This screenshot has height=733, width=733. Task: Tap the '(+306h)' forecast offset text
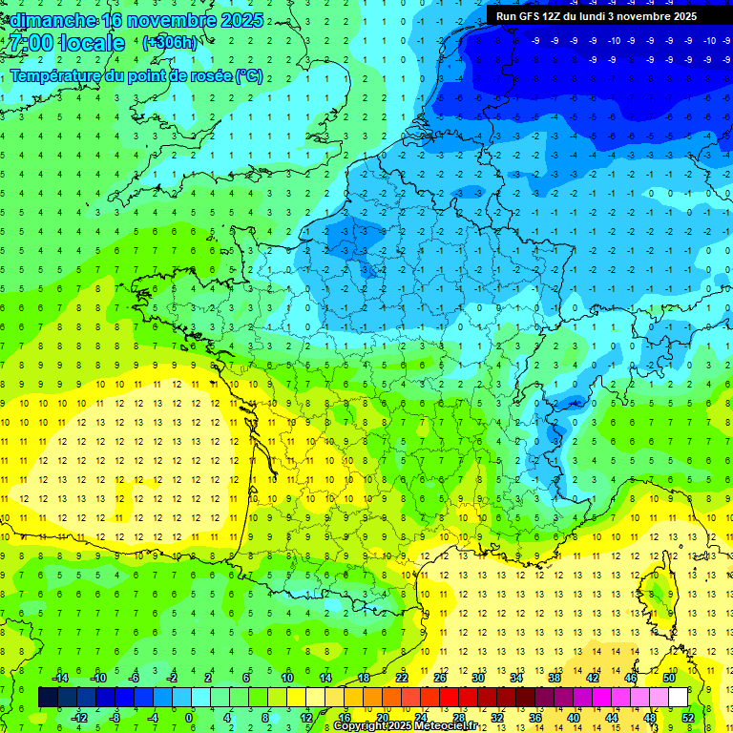pos(170,43)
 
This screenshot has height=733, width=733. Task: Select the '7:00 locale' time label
pos(66,44)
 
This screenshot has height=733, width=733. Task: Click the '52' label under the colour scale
pos(688,717)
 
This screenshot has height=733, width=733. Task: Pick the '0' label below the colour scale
pos(189,717)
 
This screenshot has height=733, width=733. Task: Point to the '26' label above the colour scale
pos(440,678)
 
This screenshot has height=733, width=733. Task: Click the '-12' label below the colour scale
pos(80,717)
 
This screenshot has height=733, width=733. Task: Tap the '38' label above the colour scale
pos(555,678)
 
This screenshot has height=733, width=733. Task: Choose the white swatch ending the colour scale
pos(678,697)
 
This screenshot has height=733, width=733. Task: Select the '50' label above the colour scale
pos(669,678)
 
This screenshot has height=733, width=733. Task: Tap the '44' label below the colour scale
pos(612,717)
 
